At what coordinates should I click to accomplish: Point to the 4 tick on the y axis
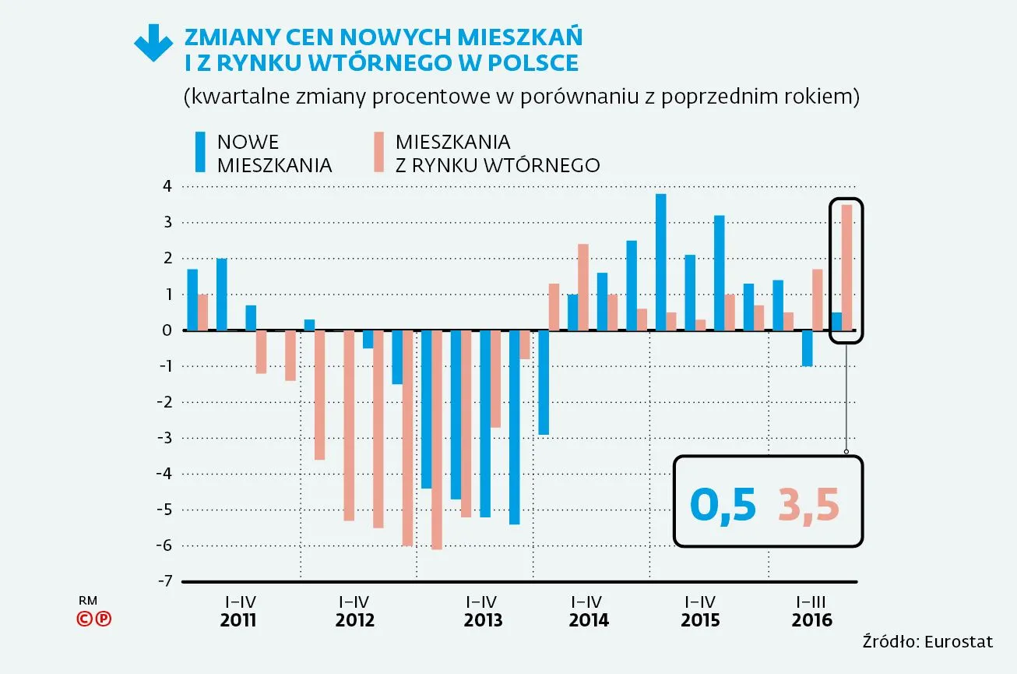coord(166,187)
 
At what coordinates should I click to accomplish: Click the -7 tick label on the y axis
coord(164,582)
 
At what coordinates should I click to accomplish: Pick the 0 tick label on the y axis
coord(166,330)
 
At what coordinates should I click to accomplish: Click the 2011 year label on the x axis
coord(238,621)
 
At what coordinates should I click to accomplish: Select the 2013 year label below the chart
coord(483,621)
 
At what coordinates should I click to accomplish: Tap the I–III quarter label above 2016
coord(811,602)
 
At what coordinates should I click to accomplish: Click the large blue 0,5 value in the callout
coord(723,506)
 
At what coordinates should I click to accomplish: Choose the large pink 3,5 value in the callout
coord(809,506)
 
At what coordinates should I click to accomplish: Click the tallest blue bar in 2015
coord(660,262)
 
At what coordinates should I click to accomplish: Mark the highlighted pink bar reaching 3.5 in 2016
coord(846,267)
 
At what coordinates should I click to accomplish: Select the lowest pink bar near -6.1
coord(436,439)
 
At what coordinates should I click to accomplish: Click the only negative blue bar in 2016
coord(807,348)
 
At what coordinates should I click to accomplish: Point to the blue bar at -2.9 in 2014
coord(544,382)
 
